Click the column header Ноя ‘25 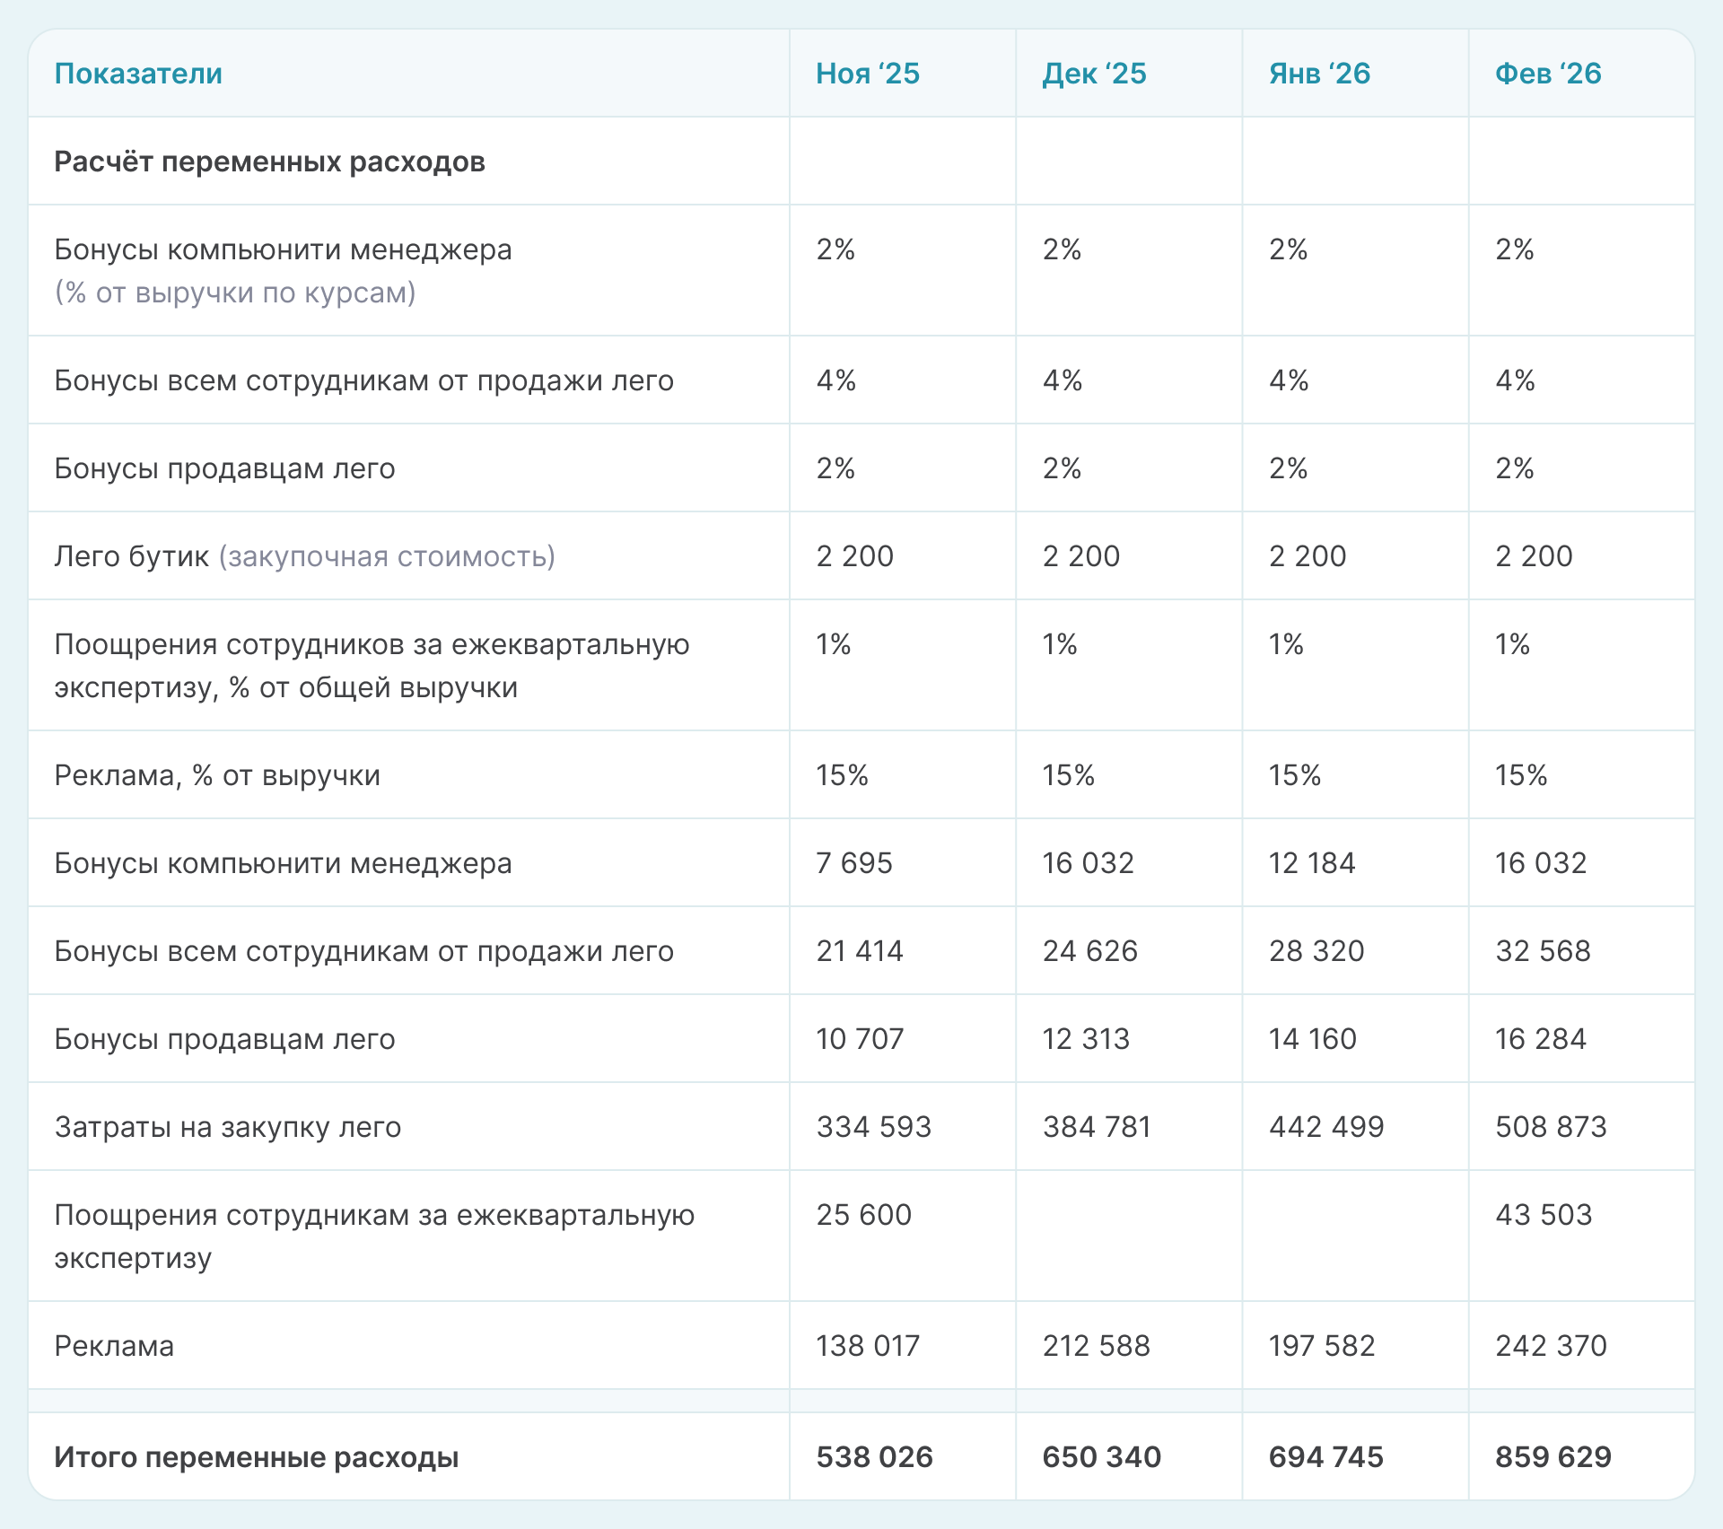coord(867,74)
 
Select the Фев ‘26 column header coord(1547,74)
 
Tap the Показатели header coord(138,74)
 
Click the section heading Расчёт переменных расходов coord(269,162)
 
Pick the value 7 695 coord(853,863)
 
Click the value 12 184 coord(1311,863)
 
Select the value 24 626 coord(1089,951)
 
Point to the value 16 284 coord(1540,1039)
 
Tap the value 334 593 coord(873,1127)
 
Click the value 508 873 coord(1550,1127)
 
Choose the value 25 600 coord(863,1215)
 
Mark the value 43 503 coord(1543,1215)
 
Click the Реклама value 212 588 coord(1096,1346)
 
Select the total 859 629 coord(1552,1457)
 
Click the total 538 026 coord(874,1457)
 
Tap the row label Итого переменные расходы coord(256,1457)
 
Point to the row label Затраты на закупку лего coord(227,1127)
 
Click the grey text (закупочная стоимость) coord(387,556)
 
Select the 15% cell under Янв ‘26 coord(1294,775)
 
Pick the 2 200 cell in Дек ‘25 coord(1080,556)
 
